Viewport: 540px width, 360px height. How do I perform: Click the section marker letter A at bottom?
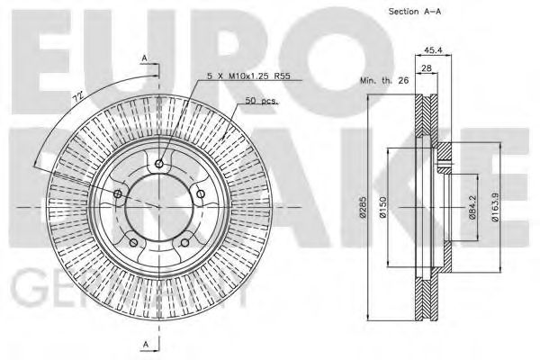pyautogui.click(x=144, y=345)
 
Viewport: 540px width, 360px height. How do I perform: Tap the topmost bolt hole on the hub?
pyautogui.click(x=158, y=164)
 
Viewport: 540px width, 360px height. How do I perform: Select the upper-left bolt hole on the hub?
pyautogui.click(x=119, y=193)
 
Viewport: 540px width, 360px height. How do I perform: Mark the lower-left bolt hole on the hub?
pyautogui.click(x=134, y=240)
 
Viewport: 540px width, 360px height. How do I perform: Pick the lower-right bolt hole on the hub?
pyautogui.click(x=184, y=240)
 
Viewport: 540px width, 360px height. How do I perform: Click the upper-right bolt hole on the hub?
pyautogui.click(x=199, y=193)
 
